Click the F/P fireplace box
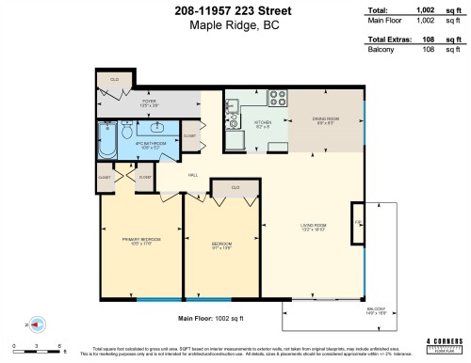pos(358,223)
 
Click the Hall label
pos(191,175)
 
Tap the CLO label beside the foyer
pos(113,79)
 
